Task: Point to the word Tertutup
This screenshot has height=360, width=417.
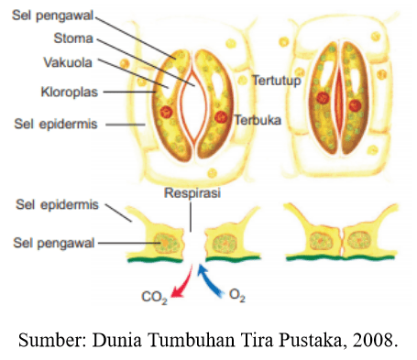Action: tap(275, 81)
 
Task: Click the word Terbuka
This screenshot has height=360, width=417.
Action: tap(258, 120)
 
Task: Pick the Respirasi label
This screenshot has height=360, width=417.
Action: tap(192, 193)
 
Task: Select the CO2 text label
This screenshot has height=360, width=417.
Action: tap(154, 297)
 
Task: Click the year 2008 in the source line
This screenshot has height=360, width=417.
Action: tap(377, 343)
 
